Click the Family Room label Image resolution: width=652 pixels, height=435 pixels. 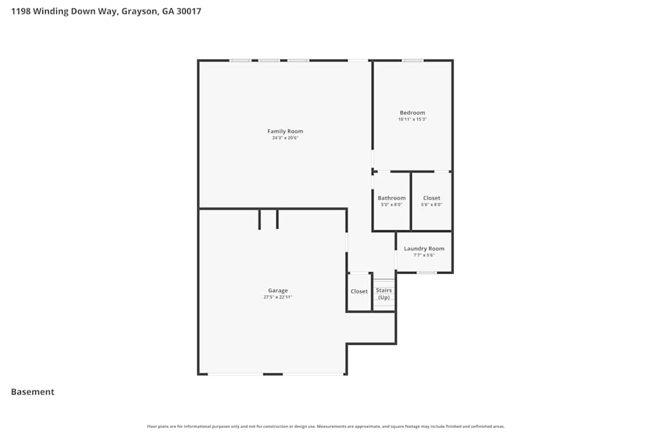coord(286,131)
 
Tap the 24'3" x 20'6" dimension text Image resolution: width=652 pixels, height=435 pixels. coord(286,138)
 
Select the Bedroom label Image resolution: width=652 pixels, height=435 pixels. coord(412,113)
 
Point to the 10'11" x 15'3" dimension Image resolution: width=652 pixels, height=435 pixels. coord(412,119)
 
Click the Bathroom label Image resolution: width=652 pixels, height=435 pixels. coord(391,198)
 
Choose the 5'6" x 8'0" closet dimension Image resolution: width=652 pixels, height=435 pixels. coord(432,205)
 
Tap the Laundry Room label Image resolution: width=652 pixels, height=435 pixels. coord(424,248)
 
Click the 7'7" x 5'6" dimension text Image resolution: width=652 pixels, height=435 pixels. coord(424,255)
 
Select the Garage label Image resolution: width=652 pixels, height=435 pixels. coord(278,291)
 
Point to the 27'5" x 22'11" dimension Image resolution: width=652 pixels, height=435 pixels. coord(278,297)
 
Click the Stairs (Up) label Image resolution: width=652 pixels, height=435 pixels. coord(384,293)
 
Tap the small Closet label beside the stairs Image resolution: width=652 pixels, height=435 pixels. coord(359,292)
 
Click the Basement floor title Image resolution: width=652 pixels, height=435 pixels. coord(33,392)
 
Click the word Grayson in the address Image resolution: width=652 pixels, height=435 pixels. coord(139,11)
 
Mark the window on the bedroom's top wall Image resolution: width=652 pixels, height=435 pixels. coord(412,61)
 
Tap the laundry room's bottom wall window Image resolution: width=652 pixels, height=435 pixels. coord(427,273)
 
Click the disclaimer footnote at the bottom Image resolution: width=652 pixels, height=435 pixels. coord(326,427)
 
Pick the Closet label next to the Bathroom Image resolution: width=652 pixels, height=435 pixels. coord(432,198)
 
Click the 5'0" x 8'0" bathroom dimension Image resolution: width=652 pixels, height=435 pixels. coord(391,205)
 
